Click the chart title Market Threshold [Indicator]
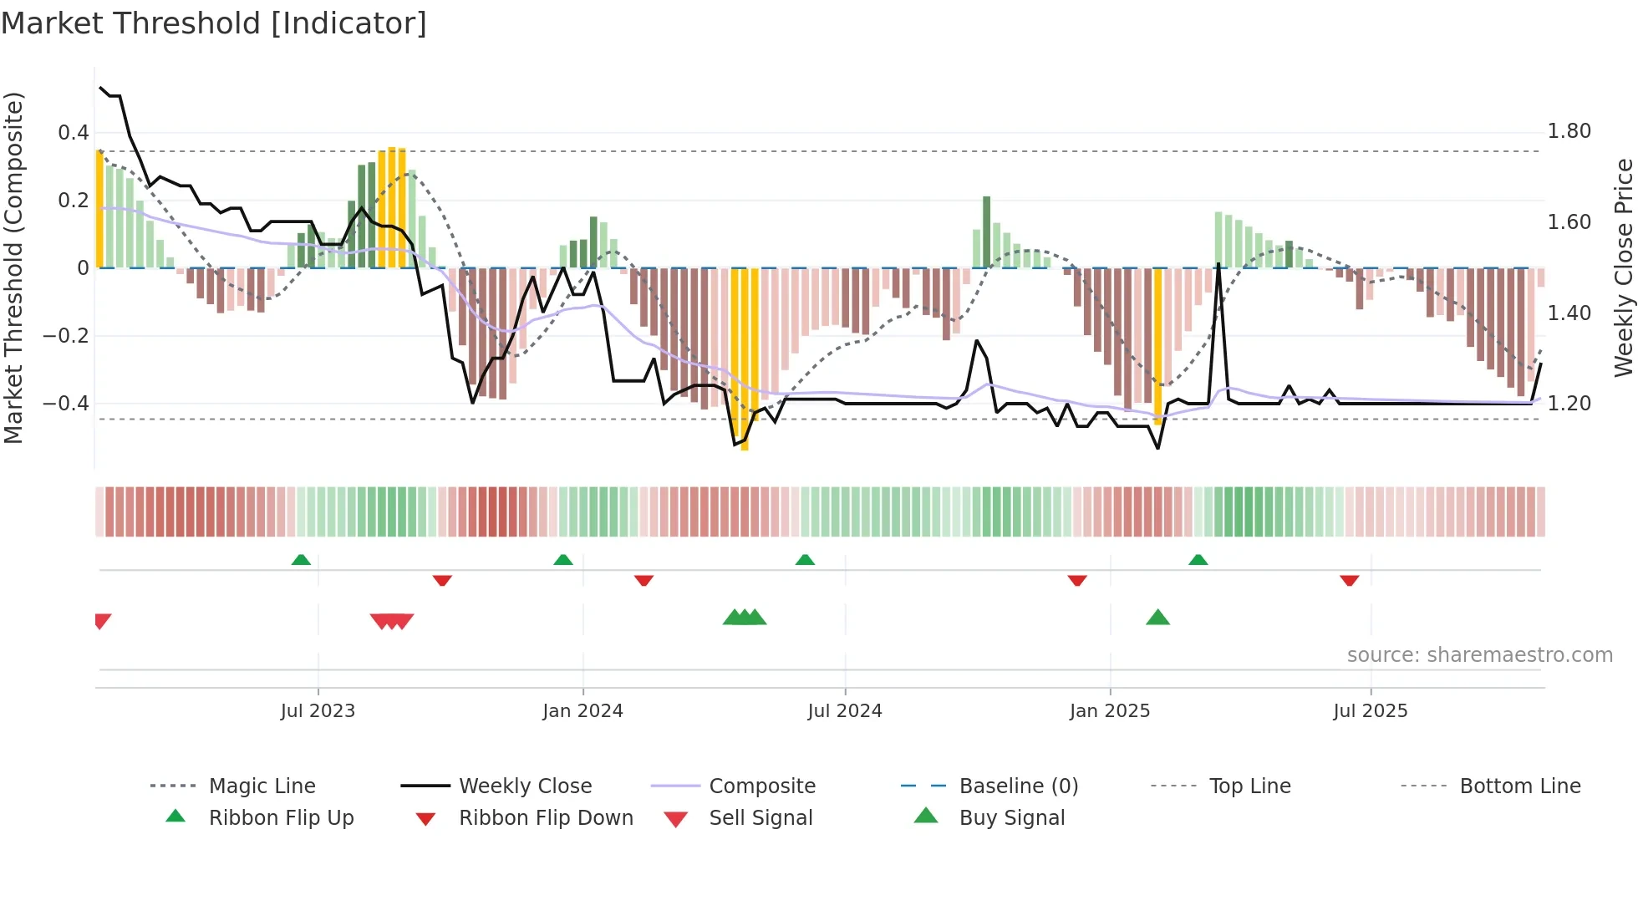tap(214, 23)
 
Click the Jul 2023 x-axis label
tap(318, 711)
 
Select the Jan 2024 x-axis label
tap(582, 711)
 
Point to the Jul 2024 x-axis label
tap(844, 711)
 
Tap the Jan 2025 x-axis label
tap(1109, 711)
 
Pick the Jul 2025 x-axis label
tap(1370, 711)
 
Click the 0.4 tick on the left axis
tap(74, 133)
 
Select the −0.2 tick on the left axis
tap(66, 336)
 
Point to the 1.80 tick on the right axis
tap(1569, 131)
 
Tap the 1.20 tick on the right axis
tap(1569, 404)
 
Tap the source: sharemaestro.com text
tap(1479, 655)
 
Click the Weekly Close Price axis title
tap(1623, 267)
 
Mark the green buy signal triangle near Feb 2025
tap(1157, 618)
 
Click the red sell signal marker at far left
tap(102, 621)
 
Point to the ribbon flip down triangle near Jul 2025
tap(1349, 580)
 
